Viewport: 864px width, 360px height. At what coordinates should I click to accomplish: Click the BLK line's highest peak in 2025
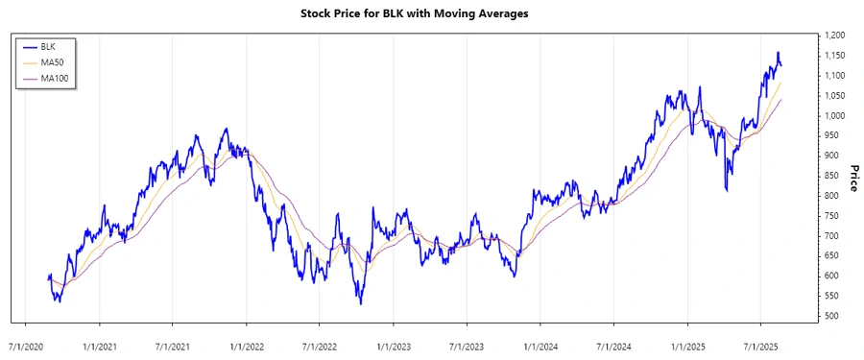[x=778, y=53]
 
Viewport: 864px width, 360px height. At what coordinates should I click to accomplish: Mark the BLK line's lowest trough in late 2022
[x=360, y=304]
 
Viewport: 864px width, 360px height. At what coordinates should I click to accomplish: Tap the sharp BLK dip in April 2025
[x=726, y=191]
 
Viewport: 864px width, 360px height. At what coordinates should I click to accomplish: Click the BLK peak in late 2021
[x=226, y=129]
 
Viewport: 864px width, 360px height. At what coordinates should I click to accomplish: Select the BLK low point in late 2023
[x=515, y=276]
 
